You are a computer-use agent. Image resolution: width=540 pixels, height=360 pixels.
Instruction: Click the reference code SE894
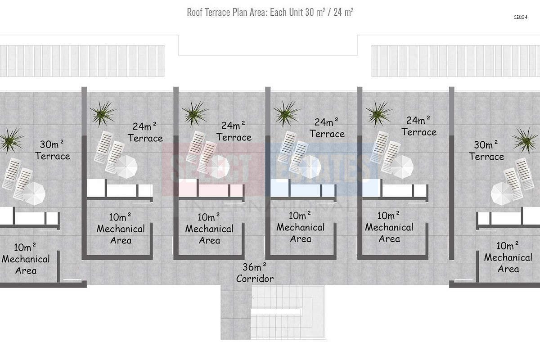pos(521,17)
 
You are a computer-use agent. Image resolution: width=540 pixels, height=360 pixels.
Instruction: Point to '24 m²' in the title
pos(343,12)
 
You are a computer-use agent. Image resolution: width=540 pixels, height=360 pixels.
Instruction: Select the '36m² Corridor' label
pos(255,273)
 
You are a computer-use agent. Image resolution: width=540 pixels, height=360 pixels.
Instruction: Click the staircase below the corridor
pos(288,312)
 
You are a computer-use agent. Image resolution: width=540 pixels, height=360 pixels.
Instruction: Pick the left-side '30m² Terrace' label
pos(53,150)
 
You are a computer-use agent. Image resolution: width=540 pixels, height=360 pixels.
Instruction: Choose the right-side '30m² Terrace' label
pos(486,150)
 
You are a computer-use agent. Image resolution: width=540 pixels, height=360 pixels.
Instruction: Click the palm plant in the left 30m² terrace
pos(11,140)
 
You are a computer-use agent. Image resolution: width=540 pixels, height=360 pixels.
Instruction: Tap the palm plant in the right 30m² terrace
pos(525,140)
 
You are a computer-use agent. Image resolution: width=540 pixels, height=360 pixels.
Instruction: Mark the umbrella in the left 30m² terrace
pos(34,193)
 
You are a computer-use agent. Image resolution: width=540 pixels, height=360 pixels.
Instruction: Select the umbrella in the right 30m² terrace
pos(502,193)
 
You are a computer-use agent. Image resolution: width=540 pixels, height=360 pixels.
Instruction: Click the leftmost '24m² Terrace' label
pos(145,132)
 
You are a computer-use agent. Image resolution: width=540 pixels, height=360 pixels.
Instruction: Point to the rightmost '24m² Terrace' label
pos(419,126)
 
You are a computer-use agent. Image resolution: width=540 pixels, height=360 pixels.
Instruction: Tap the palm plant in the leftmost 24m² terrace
pos(103,113)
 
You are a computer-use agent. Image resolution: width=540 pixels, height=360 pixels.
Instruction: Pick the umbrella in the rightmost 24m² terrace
pos(402,167)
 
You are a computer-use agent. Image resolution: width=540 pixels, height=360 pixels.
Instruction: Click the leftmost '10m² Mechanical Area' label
pos(26,259)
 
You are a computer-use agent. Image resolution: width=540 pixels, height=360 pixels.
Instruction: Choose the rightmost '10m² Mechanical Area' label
pos(508,257)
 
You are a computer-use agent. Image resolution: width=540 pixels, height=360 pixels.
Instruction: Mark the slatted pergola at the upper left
pos(82,61)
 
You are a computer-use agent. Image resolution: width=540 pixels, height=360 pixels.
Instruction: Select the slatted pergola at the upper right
pos(455,61)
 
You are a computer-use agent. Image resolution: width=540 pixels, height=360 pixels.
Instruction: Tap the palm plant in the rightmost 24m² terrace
pos(379,113)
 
